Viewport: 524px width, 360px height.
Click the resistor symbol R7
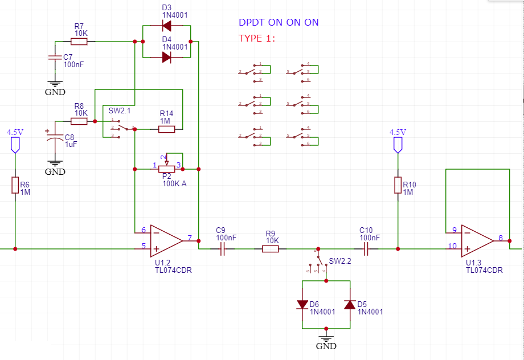pos(79,42)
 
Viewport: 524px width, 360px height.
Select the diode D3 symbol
pos(166,25)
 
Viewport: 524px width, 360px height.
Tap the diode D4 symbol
pos(166,57)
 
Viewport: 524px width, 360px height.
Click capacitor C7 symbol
pos(55,58)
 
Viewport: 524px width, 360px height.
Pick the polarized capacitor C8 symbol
pos(55,138)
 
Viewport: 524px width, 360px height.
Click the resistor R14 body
pos(166,129)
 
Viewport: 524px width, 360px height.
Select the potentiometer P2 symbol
pos(167,169)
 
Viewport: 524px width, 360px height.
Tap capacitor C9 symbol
pos(222,249)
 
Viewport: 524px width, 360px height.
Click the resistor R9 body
pos(270,249)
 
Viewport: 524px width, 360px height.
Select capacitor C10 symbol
pos(366,249)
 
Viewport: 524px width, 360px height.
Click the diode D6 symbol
pos(302,305)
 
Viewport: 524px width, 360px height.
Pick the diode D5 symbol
pos(350,305)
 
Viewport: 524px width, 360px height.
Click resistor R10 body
pos(398,185)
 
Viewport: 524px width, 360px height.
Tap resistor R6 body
pos(15,185)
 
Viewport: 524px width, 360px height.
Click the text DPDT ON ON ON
pos(279,23)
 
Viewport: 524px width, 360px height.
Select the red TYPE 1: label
pos(257,38)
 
